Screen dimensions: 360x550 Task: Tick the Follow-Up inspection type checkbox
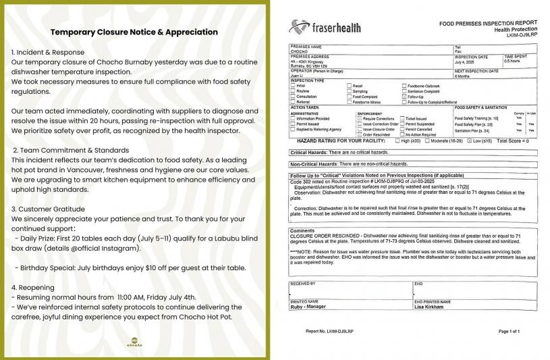[x=404, y=97]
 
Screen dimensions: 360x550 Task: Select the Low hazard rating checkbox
[x=468, y=140]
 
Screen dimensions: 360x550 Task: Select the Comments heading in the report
[x=302, y=230]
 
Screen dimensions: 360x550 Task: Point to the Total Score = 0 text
[x=513, y=140]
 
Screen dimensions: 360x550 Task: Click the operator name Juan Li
[x=297, y=75]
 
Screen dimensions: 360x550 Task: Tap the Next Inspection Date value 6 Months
[x=464, y=75]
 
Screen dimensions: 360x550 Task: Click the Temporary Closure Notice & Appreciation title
[x=134, y=32]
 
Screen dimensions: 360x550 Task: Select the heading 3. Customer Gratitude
[x=49, y=209]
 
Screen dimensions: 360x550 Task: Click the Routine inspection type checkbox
[x=293, y=91]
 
